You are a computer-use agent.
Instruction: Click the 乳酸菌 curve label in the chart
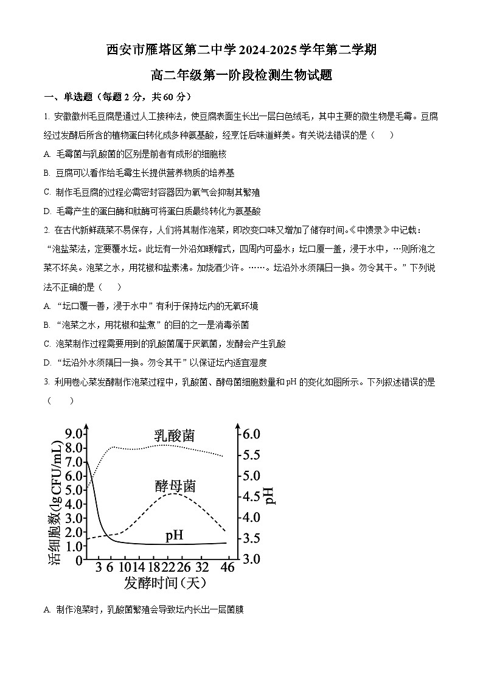point(175,435)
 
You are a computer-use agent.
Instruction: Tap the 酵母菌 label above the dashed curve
point(175,486)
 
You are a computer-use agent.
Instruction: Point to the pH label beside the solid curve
point(175,535)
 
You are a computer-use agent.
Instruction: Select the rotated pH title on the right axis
point(270,496)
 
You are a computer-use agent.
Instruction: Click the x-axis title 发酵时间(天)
point(165,583)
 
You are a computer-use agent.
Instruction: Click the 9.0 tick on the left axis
point(74,434)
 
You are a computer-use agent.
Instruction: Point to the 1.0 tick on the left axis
point(74,546)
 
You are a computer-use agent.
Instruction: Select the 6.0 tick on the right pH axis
point(248,434)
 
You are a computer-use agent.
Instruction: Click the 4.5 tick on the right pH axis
point(248,496)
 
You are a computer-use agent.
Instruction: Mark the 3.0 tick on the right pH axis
point(248,558)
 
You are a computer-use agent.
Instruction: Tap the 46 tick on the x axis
point(228,567)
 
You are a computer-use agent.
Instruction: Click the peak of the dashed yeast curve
point(175,493)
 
